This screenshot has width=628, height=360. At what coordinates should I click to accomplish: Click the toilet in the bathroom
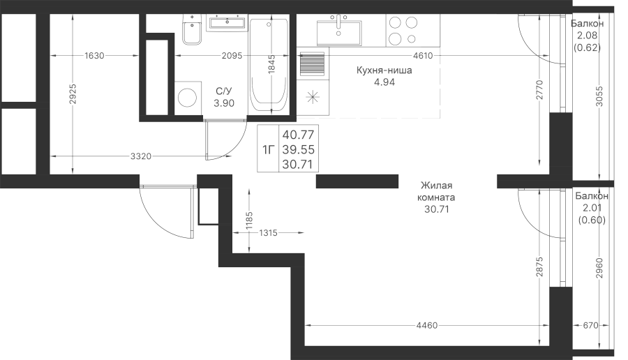point(193,29)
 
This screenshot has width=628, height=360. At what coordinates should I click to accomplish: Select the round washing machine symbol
point(187,97)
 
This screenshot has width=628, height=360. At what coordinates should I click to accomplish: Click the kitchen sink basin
point(339,33)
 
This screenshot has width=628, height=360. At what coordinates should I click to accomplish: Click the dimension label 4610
point(423,56)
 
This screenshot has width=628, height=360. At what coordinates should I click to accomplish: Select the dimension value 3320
point(141,156)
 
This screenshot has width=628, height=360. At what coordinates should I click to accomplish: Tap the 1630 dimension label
point(94,56)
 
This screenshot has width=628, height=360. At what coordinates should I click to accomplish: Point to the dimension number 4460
point(427,326)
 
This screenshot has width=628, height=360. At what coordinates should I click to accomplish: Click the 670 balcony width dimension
point(590,326)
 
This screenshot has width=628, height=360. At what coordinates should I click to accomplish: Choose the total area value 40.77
point(298,134)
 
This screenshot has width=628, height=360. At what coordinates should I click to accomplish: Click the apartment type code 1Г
point(268,150)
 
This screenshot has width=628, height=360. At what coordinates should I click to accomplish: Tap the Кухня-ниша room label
point(384,70)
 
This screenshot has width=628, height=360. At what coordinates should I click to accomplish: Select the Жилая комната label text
point(436,191)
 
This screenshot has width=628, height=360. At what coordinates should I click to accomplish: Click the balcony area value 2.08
point(587,36)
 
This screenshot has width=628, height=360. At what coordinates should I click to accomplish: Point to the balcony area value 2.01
point(592,208)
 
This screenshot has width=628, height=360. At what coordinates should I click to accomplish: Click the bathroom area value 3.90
point(224,103)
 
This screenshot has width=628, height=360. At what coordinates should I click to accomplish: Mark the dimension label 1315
point(268,232)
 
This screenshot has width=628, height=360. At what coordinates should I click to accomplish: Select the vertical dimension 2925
point(73,93)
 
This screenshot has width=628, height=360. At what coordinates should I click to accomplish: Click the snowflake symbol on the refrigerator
point(313,97)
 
